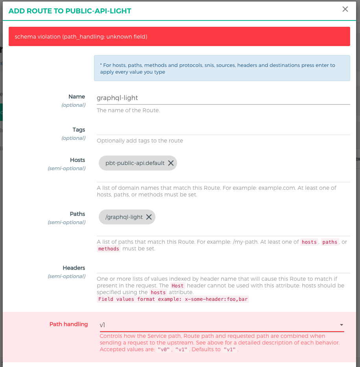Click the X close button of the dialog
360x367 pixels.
click(x=345, y=9)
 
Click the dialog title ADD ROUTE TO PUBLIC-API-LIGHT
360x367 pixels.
click(x=70, y=11)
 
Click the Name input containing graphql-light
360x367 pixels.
click(x=223, y=98)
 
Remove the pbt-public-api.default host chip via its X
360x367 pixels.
click(x=171, y=163)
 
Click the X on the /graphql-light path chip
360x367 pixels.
click(x=149, y=217)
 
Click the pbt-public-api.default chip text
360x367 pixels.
click(x=135, y=163)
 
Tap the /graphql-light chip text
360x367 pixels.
click(x=124, y=217)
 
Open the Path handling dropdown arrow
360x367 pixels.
click(x=342, y=325)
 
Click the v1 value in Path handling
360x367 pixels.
click(x=103, y=325)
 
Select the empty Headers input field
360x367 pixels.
click(x=223, y=268)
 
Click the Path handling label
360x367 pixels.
click(x=68, y=324)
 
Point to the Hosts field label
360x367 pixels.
click(x=78, y=160)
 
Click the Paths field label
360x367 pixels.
click(x=78, y=214)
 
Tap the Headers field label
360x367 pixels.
click(x=74, y=268)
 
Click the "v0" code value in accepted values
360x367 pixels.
click(x=164, y=349)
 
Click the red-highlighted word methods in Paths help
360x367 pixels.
click(x=109, y=249)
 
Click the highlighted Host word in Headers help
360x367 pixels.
click(x=177, y=285)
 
